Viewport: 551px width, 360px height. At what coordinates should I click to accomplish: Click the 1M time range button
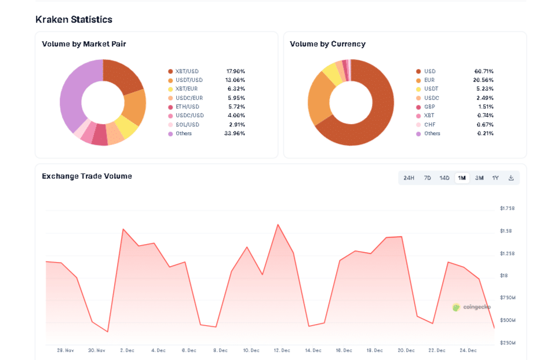[x=462, y=178]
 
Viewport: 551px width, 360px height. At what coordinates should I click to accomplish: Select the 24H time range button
[x=408, y=178]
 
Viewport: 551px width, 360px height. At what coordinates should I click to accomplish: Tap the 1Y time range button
[x=495, y=178]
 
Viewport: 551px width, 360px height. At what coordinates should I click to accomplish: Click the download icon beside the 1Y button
[x=511, y=178]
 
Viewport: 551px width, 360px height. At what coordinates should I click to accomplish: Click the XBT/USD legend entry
[x=187, y=71]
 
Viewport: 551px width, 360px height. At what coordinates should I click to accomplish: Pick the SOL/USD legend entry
[x=187, y=125]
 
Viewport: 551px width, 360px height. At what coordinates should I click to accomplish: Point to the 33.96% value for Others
[x=235, y=133]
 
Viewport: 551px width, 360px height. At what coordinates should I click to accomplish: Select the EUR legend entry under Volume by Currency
[x=429, y=80]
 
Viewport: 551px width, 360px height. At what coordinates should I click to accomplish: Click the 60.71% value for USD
[x=484, y=71]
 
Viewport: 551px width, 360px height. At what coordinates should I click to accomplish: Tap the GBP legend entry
[x=429, y=107]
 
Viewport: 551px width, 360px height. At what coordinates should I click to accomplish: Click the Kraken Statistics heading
[x=74, y=20]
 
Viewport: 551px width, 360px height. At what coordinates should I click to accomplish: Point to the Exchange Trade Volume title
[x=87, y=176]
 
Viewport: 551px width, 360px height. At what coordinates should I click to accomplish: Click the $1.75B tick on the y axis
[x=507, y=209]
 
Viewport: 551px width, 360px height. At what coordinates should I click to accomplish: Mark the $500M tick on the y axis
[x=508, y=320]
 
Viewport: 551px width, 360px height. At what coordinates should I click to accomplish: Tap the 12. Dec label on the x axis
[x=282, y=350]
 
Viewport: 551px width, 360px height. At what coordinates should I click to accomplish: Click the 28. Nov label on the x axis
[x=65, y=350]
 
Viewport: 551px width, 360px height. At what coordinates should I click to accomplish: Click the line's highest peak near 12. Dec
[x=278, y=224]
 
